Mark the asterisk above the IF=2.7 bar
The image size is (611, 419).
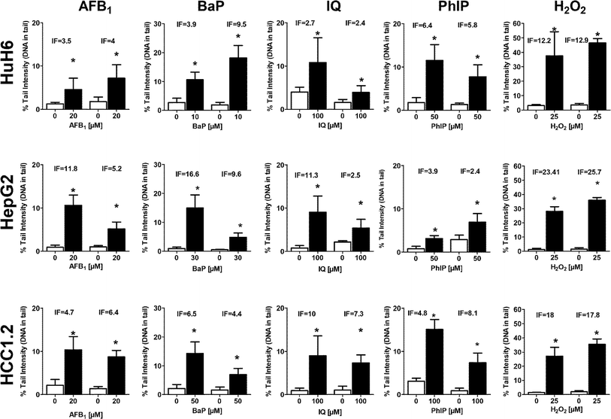[x=319, y=34]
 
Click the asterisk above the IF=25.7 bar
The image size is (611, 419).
[x=597, y=184]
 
